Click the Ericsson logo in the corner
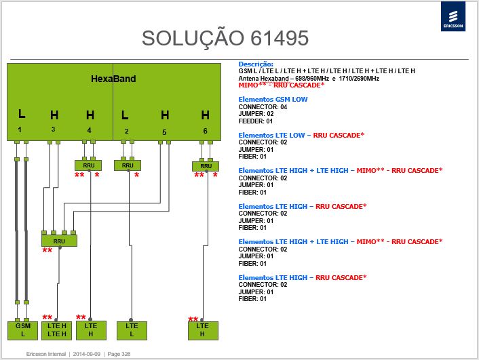point(453,16)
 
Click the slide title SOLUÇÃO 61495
point(225,38)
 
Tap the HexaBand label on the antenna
point(113,79)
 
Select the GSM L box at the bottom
point(22,330)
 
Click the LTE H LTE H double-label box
point(56,330)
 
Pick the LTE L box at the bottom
point(132,330)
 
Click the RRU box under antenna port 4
point(88,165)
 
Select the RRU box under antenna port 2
point(128,165)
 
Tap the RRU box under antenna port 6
point(206,166)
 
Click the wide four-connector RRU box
point(59,241)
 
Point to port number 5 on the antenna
point(164,132)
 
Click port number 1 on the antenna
point(20,129)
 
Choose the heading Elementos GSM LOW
point(273,99)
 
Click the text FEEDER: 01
point(255,121)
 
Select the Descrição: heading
point(256,64)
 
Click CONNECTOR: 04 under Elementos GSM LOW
point(263,107)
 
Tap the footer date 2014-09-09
point(87,354)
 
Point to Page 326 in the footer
point(119,354)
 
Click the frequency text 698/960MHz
point(312,79)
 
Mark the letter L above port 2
point(125,115)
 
